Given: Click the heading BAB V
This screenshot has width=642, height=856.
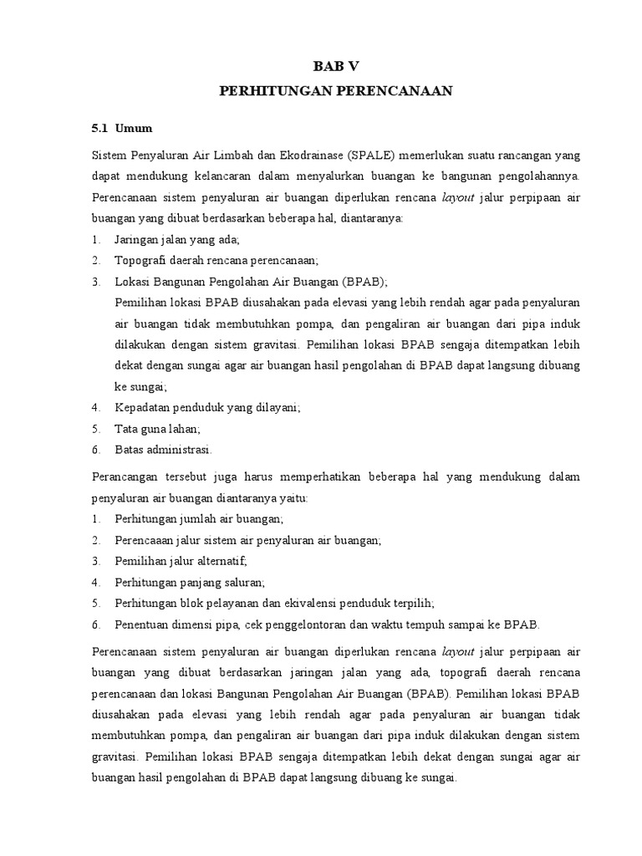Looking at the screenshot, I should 335,68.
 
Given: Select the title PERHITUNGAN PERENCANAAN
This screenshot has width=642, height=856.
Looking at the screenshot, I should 335,91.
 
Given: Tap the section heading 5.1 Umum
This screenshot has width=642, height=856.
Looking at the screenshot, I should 122,129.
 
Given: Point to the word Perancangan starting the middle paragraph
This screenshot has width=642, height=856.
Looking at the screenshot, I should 126,476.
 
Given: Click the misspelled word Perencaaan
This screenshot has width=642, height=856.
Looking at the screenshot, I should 144,540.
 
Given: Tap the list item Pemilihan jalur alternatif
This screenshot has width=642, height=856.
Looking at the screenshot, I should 181,561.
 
